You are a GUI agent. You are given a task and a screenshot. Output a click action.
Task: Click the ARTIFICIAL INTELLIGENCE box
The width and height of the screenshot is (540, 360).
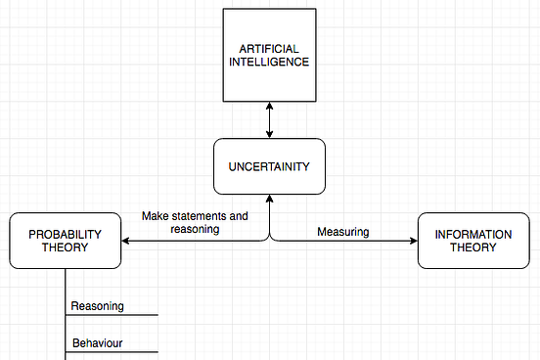pos(269,55)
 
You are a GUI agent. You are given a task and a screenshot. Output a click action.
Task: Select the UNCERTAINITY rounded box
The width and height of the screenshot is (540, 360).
pos(269,166)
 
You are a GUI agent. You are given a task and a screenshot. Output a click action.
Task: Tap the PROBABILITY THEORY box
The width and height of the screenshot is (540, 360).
pos(65,241)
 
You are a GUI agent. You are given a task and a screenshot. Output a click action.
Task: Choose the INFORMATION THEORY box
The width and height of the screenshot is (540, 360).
pos(473,241)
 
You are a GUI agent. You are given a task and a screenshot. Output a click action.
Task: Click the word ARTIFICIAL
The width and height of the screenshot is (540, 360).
pos(269,48)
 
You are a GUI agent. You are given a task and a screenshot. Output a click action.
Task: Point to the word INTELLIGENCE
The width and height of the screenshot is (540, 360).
pos(269,62)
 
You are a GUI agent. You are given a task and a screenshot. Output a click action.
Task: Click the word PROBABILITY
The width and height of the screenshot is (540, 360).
pos(65,234)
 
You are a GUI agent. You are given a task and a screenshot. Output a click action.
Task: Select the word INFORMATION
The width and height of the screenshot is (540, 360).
pos(473,234)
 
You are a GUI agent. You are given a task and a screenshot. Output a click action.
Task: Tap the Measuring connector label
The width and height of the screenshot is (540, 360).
pos(342,232)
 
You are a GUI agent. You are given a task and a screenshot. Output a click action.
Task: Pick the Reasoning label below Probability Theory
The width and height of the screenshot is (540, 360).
pos(97,306)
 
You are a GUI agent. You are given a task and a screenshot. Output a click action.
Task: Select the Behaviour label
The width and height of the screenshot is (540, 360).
pos(99,343)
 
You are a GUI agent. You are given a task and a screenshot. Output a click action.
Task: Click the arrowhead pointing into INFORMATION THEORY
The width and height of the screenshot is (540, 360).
pos(413,241)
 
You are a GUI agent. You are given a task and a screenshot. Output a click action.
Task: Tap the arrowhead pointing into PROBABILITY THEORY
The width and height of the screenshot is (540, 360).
pos(126,241)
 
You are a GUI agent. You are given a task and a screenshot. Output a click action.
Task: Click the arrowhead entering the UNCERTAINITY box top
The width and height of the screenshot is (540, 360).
pos(269,134)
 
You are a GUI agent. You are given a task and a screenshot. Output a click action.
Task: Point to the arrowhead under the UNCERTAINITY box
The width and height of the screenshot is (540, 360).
pos(269,200)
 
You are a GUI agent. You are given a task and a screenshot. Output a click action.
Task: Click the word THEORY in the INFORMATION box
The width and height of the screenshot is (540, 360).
pos(473,247)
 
